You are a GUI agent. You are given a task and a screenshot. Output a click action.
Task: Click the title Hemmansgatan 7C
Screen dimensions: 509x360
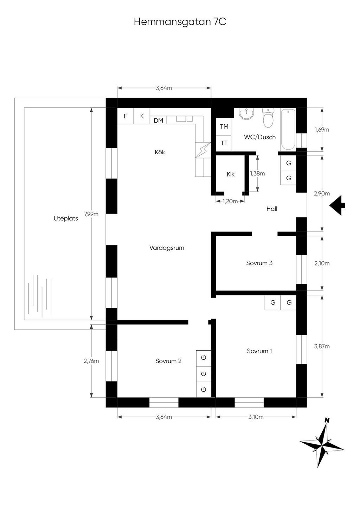[x=180, y=22]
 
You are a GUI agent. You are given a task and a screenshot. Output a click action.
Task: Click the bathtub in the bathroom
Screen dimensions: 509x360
[x=288, y=129]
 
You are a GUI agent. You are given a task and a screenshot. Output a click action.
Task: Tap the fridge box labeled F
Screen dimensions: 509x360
[x=125, y=116]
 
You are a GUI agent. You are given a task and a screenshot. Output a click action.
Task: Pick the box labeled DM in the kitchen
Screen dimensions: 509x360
[x=159, y=120]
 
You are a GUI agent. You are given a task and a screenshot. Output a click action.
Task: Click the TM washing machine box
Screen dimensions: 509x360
[x=224, y=126]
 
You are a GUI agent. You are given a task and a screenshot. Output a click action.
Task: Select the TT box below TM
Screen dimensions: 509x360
[x=224, y=143]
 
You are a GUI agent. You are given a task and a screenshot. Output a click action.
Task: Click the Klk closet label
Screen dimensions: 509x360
[x=231, y=174]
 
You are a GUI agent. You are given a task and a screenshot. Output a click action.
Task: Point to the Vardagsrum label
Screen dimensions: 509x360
[x=167, y=248]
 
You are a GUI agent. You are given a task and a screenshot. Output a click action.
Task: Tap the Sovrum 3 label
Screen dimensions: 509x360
[x=259, y=263]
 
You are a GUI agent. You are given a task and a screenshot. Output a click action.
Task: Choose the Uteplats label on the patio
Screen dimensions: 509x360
[x=66, y=218]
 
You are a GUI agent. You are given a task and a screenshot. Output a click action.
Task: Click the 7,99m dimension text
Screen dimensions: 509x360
[x=91, y=214]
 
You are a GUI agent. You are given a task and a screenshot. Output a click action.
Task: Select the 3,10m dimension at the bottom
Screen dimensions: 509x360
[x=256, y=417]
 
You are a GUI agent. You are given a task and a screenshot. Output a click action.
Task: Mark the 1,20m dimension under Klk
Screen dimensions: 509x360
[x=230, y=201]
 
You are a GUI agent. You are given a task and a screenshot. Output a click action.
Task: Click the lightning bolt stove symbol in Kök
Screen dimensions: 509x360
[x=203, y=150]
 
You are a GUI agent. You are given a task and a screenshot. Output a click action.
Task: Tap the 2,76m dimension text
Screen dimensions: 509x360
[x=91, y=361]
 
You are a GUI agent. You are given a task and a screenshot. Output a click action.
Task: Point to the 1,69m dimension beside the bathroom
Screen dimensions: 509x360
[x=322, y=130]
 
